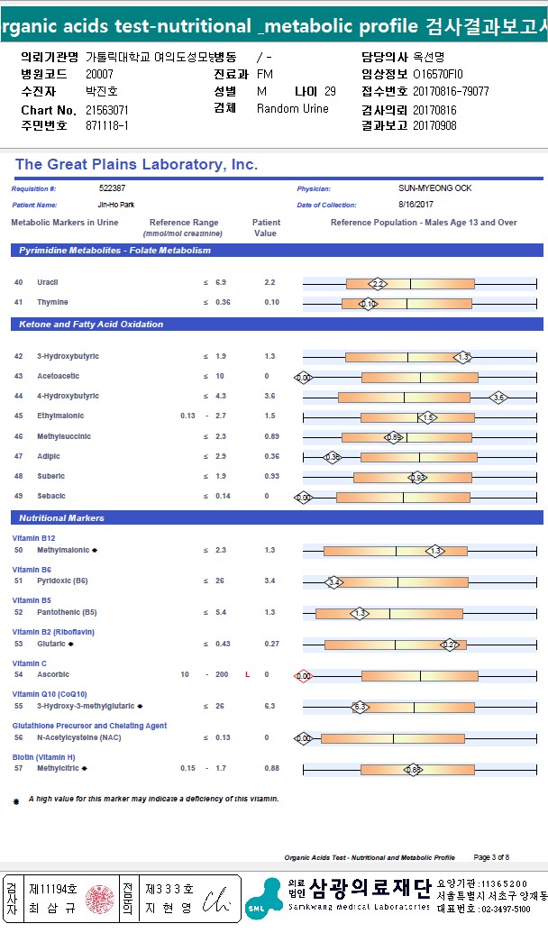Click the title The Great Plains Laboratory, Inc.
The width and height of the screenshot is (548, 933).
point(136,165)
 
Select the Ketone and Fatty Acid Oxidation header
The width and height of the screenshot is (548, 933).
point(87,324)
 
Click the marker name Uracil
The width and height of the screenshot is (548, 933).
point(48,283)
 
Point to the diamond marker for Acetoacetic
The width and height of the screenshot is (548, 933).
point(304,378)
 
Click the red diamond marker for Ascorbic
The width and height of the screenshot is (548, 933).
point(304,675)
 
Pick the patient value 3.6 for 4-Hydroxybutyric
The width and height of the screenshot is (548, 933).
point(257,397)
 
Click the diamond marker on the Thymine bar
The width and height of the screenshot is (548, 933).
point(368,304)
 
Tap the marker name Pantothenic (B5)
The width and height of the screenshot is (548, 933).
point(67,613)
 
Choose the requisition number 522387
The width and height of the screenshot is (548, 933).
point(113,188)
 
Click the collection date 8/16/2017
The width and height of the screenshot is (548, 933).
point(416,206)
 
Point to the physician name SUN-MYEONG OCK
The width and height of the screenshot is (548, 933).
point(434,188)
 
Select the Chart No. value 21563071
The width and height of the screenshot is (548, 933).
point(108,110)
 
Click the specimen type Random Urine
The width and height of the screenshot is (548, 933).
point(293,109)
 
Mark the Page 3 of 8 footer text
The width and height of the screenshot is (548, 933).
point(491,857)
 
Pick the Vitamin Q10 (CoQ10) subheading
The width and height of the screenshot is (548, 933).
point(50,694)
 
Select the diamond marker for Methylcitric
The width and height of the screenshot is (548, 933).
point(413,770)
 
